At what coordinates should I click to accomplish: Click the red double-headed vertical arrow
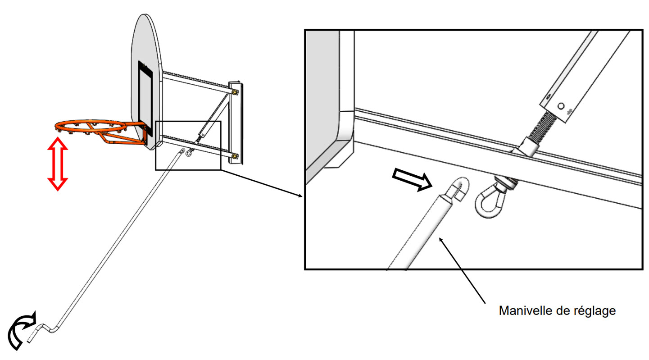[58, 164]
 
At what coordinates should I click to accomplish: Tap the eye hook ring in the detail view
[490, 203]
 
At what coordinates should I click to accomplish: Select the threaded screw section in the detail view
[541, 128]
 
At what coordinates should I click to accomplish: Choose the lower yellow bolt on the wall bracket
[235, 156]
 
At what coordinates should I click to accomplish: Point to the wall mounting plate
[235, 123]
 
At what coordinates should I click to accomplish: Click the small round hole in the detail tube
[561, 106]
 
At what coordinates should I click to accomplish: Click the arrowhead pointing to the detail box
[300, 196]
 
